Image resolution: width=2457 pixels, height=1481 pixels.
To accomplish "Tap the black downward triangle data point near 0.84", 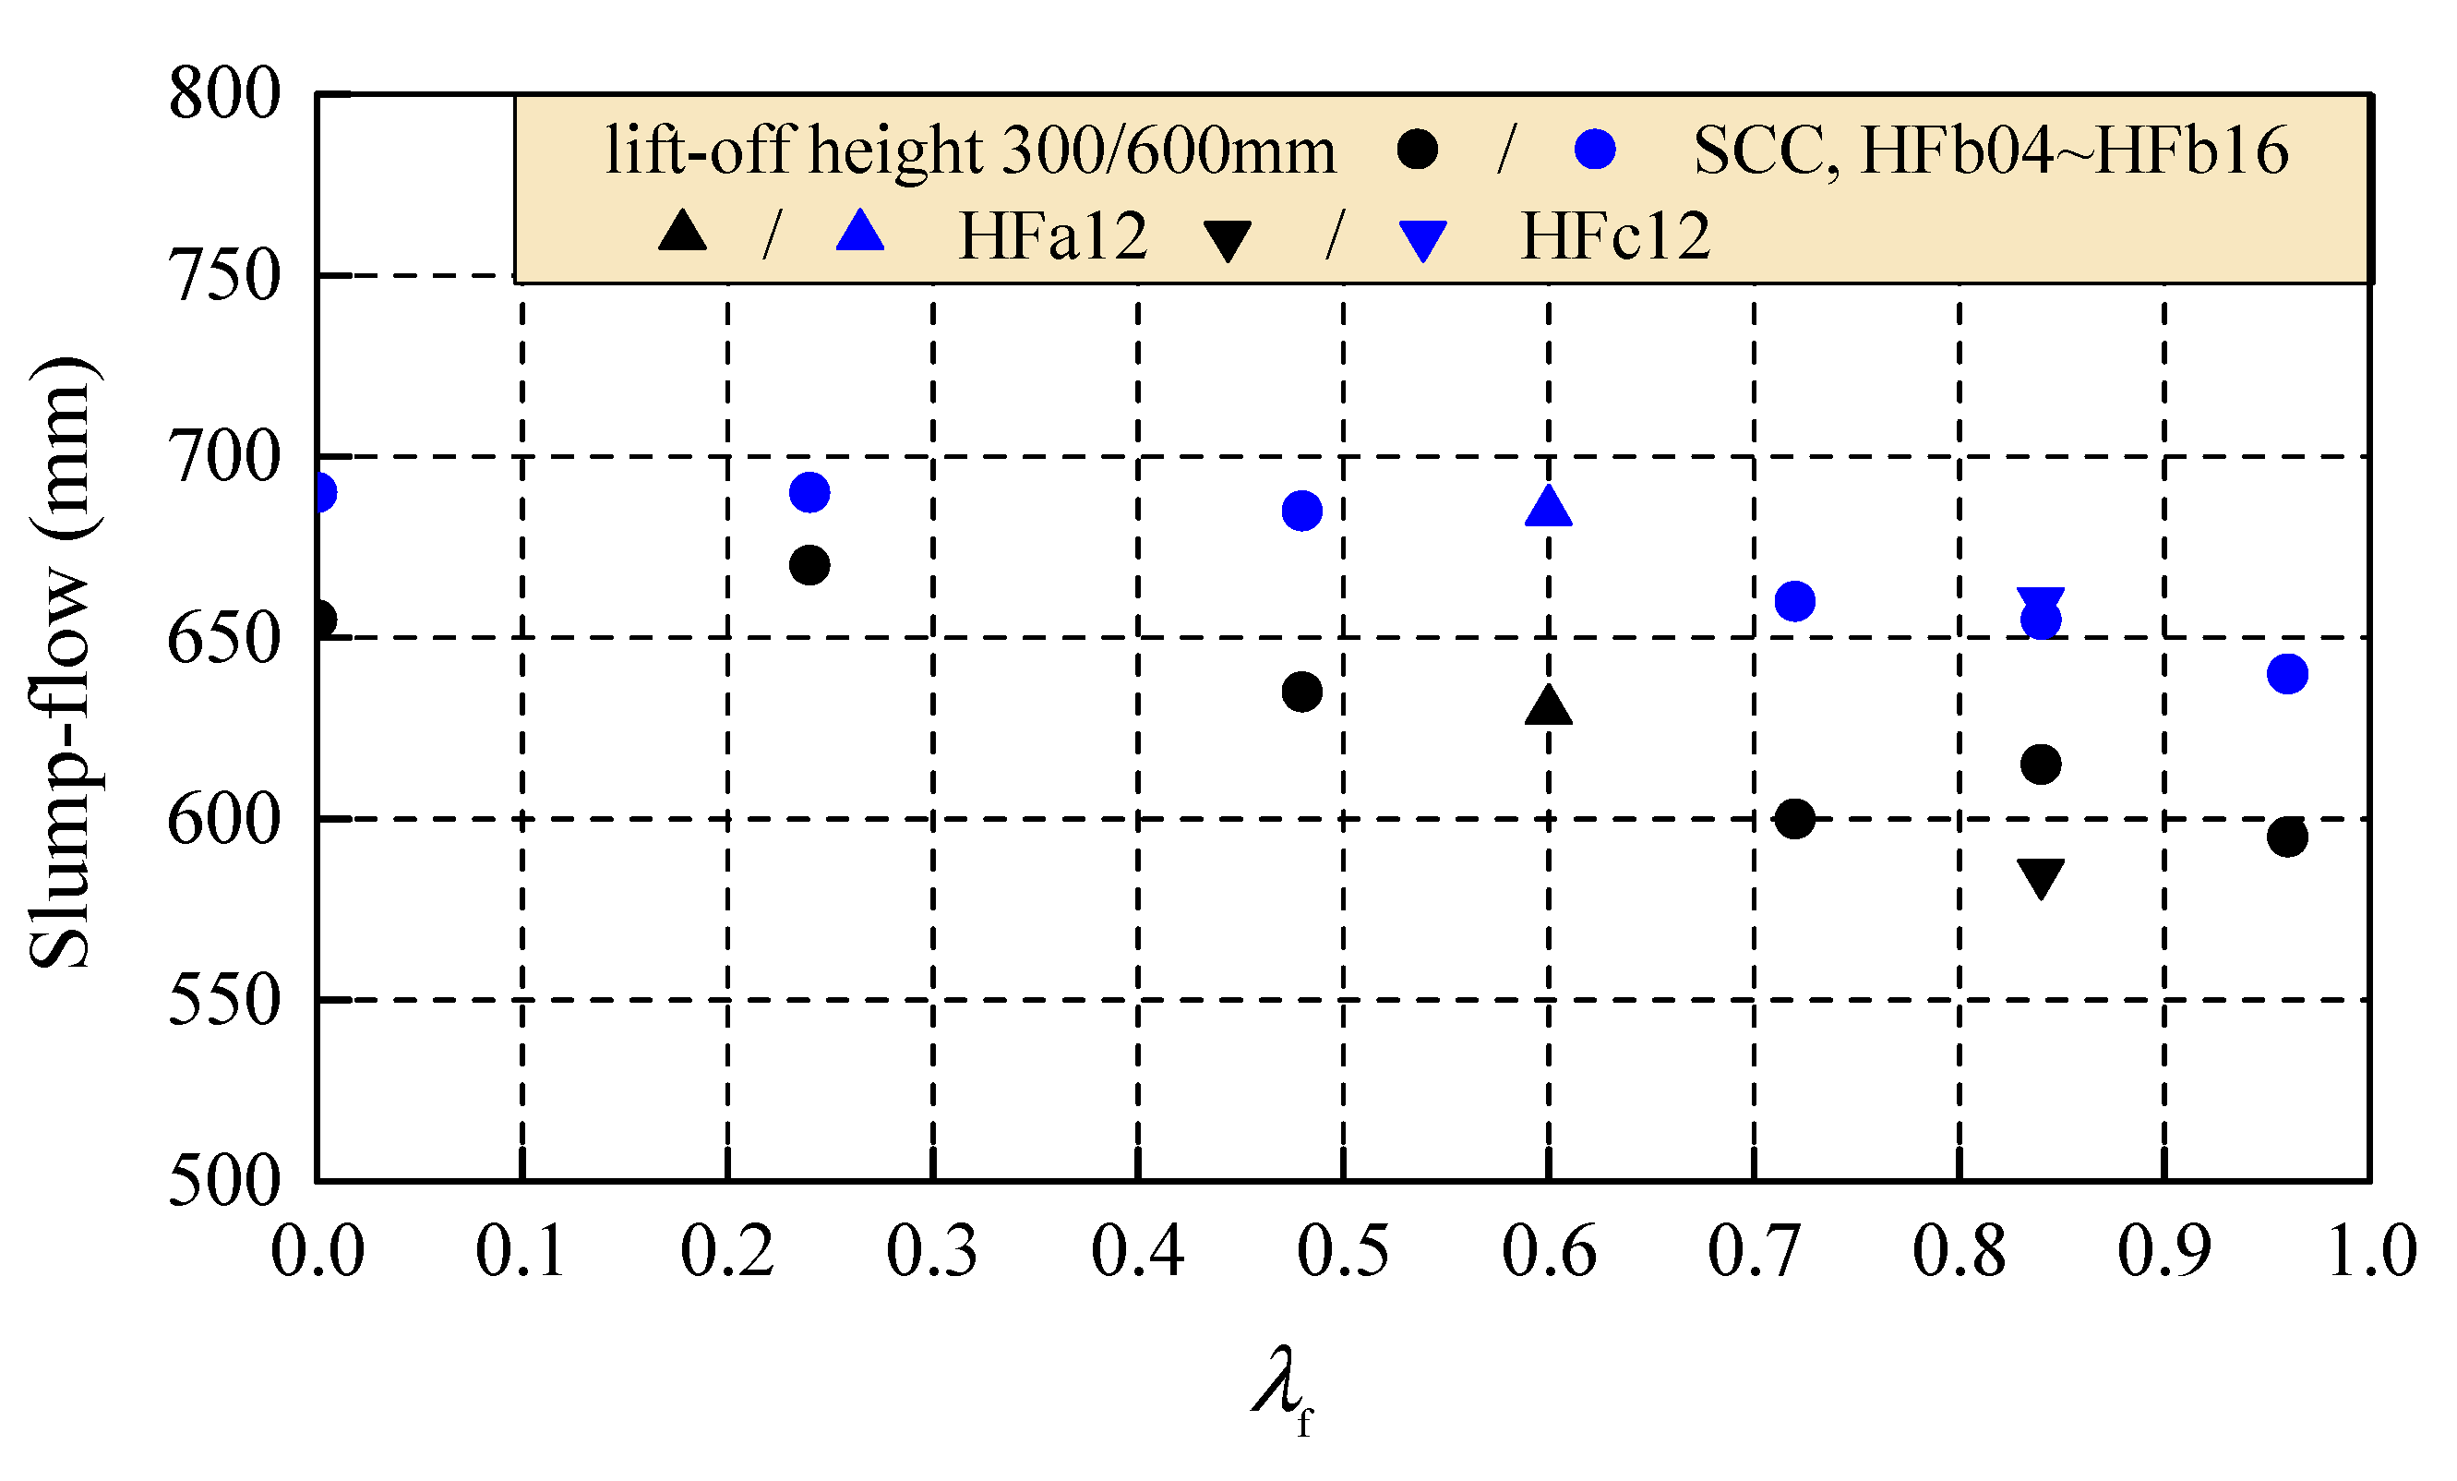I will (x=2041, y=876).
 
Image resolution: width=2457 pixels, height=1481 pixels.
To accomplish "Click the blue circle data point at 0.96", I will (x=2287, y=673).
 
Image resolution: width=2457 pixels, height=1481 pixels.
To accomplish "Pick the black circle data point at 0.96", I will (x=2287, y=837).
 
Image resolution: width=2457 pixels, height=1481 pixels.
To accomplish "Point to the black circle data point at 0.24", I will (x=809, y=565).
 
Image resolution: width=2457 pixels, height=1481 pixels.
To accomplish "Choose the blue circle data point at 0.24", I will (x=809, y=492).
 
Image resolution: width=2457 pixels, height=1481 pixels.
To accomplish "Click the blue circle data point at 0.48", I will (x=1302, y=511).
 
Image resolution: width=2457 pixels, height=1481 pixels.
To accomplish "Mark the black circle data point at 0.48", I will (x=1302, y=692).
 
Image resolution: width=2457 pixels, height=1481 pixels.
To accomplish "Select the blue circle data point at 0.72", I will (x=1795, y=601).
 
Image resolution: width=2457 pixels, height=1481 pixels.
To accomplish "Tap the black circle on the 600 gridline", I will (x=1795, y=819).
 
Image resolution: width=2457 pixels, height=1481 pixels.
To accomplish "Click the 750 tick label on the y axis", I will (x=225, y=276).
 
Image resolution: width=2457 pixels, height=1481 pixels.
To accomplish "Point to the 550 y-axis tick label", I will (x=225, y=1000).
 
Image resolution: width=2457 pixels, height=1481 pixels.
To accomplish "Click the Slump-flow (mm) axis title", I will (x=62, y=662).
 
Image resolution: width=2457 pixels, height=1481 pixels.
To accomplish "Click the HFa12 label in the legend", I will (x=1053, y=236).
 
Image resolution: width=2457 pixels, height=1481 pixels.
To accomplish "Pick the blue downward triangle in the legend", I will (x=1423, y=240).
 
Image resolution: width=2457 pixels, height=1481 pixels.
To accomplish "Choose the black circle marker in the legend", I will (x=1417, y=151).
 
